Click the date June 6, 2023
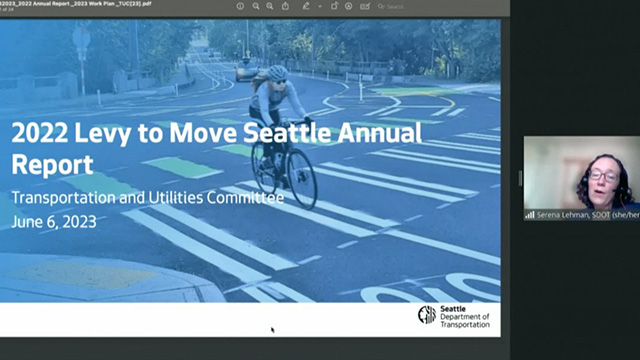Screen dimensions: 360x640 coord(54,222)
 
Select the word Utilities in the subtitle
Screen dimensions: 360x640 coord(169,198)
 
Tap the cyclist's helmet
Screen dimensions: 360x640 coord(278,73)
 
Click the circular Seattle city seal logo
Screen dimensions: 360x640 coord(427,316)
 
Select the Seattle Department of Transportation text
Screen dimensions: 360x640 coord(465,316)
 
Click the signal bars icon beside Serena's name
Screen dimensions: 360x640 coord(530,214)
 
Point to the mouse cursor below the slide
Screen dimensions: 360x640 coord(272,329)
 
